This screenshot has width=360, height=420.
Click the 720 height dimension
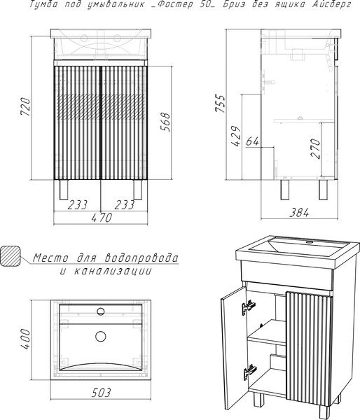pos(25,107)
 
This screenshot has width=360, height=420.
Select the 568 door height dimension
pos(165,122)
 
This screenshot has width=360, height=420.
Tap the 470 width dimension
pos(102,218)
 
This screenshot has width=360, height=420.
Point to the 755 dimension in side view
pos(221,103)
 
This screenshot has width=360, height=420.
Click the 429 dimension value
pos(236,136)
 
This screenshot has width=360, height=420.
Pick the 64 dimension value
pos(252,141)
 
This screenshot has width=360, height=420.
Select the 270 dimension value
pos(316,148)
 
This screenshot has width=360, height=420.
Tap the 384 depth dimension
pos(299,213)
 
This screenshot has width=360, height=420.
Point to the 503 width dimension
pos(101,393)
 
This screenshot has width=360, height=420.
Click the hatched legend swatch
pos(11,256)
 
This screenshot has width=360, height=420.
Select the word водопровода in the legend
pos(141,258)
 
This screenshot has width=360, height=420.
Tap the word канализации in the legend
pos(113,271)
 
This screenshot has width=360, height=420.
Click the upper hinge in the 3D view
pos(249,307)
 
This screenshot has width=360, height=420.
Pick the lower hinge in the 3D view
pos(250,372)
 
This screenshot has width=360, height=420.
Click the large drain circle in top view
pos(101,336)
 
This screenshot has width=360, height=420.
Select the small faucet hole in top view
pos(101,311)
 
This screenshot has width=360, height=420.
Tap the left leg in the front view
pos(64,190)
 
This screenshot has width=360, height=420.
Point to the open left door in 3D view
pos(233,348)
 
